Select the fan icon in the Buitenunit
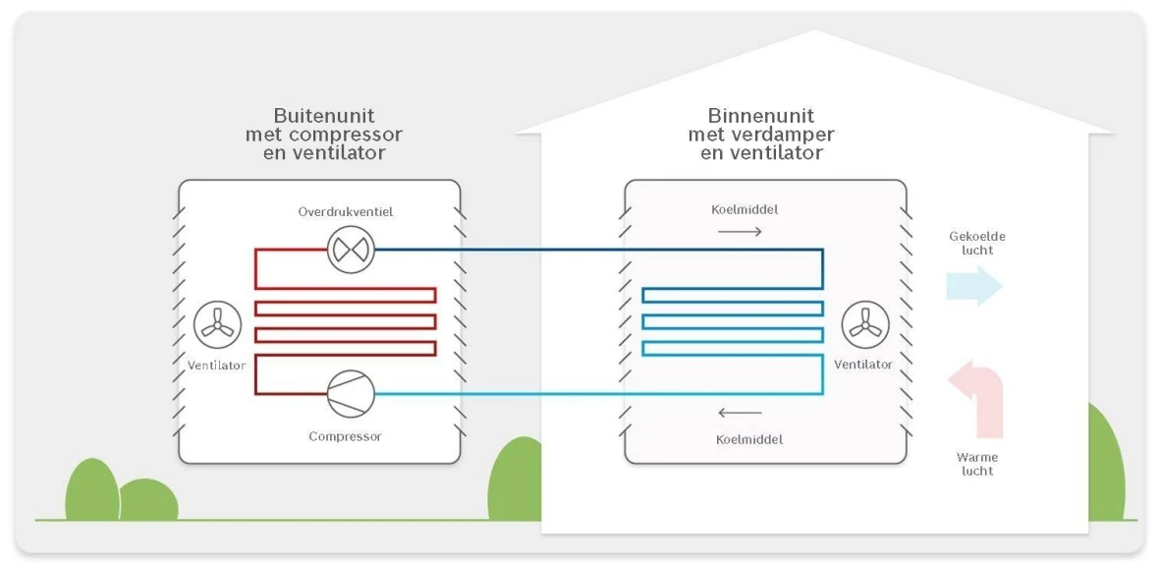[x=217, y=326]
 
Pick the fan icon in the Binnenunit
[x=865, y=325]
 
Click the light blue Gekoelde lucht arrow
[x=973, y=286]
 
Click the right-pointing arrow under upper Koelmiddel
[x=740, y=232]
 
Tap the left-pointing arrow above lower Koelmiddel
[x=740, y=413]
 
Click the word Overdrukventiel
[x=346, y=212]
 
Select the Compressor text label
[x=345, y=436]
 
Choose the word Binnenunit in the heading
[x=761, y=116]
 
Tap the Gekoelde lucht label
[x=977, y=243]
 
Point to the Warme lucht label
[x=977, y=464]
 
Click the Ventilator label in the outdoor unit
[x=216, y=366]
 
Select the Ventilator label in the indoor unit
[x=863, y=365]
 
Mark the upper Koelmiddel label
[x=744, y=209]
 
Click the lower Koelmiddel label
[x=748, y=439]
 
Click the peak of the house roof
[x=815, y=32]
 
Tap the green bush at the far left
[x=91, y=490]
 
